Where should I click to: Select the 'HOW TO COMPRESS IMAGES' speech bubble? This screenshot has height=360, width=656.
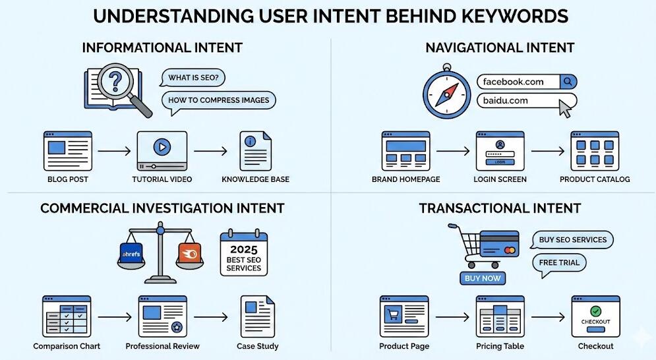point(219,101)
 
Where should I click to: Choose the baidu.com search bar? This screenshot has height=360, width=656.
point(521,101)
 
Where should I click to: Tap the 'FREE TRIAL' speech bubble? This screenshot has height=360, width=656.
point(559,262)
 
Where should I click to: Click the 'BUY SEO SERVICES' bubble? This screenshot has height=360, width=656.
point(572,240)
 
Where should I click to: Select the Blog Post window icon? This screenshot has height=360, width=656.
point(67,150)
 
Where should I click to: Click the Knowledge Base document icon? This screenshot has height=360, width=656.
point(255,151)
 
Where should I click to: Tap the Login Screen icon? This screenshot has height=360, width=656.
point(499,151)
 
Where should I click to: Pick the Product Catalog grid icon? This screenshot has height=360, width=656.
point(595,151)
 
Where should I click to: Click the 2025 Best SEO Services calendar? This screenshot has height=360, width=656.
point(243,253)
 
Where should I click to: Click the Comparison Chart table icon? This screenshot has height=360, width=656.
point(67,316)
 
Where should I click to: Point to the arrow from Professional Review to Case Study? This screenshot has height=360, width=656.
point(210,318)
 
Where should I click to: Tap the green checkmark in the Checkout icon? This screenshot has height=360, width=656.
point(595,310)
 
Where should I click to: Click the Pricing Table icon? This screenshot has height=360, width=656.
point(500,316)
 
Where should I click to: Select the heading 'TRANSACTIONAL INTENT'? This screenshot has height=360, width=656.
point(500,208)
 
